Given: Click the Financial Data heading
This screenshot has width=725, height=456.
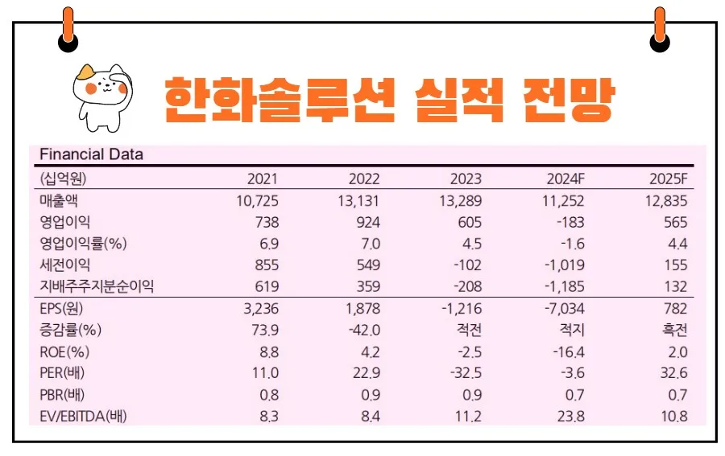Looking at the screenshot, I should [90, 154].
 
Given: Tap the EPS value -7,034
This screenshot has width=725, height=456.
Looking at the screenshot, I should [563, 308].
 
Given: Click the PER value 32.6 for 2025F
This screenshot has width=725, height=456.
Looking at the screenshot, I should [673, 373].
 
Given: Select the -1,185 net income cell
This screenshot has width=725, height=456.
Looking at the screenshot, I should [563, 286].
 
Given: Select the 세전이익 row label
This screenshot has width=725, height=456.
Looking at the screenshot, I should [64, 265].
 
